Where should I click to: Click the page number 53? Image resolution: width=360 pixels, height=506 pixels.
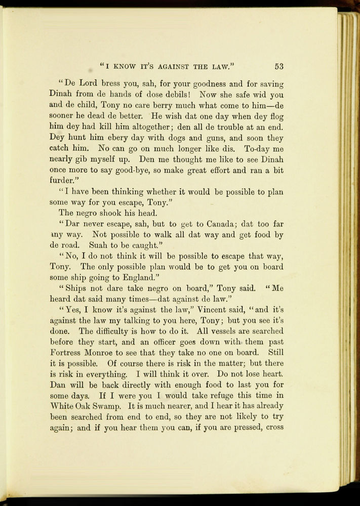pos(279,66)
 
